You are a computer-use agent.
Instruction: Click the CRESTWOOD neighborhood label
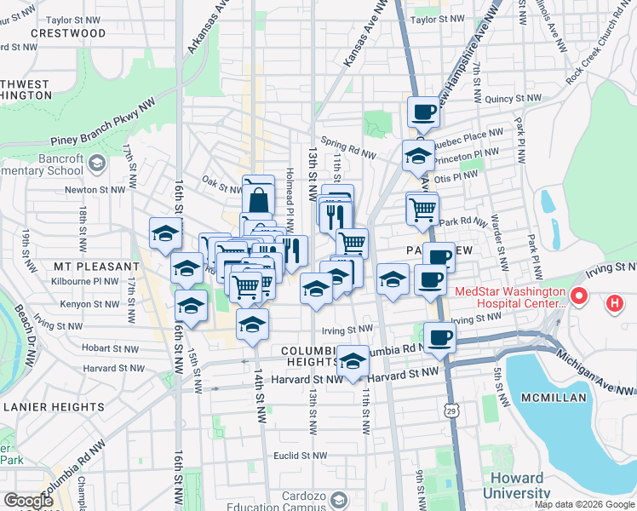click(x=68, y=33)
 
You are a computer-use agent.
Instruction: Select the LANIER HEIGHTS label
click(x=53, y=407)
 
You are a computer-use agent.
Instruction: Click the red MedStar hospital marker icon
click(x=579, y=297)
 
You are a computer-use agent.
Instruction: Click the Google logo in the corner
click(x=28, y=501)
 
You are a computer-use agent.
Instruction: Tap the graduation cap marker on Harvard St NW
click(x=353, y=361)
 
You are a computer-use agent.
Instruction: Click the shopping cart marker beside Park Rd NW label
click(x=422, y=208)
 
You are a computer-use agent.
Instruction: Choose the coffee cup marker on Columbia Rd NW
click(x=439, y=337)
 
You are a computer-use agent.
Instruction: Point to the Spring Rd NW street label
click(x=347, y=146)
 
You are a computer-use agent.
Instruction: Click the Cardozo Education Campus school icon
click(x=340, y=499)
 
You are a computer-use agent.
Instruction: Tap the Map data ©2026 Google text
click(x=583, y=504)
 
